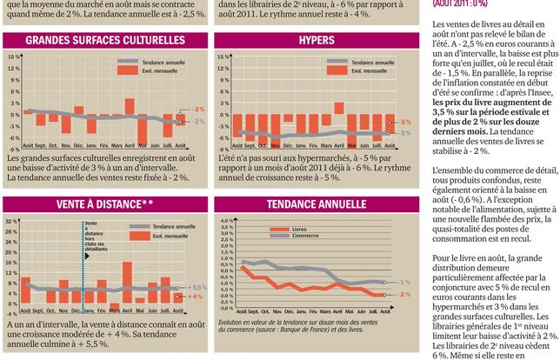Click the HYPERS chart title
(316, 41)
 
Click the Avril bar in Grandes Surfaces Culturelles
(130, 107)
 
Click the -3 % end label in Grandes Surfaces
(198, 110)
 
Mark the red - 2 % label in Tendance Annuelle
(404, 295)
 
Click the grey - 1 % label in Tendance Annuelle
(404, 283)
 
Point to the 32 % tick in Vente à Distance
(11, 221)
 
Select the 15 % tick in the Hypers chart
(223, 57)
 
